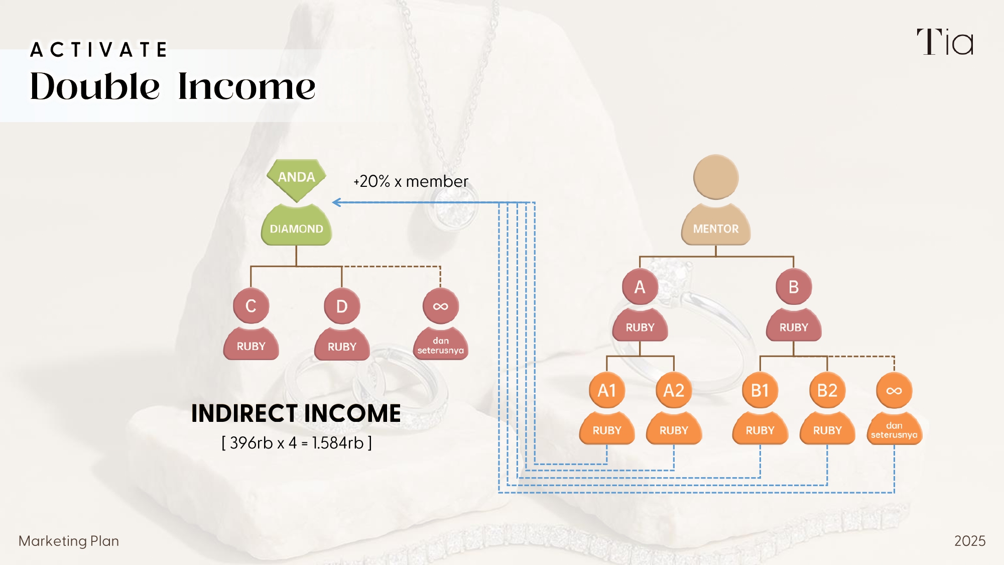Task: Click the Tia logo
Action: pyautogui.click(x=945, y=42)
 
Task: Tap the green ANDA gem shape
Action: pyautogui.click(x=297, y=178)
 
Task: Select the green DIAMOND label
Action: pyautogui.click(x=296, y=229)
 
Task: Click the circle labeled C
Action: pyautogui.click(x=251, y=306)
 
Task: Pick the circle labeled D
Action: pyautogui.click(x=342, y=306)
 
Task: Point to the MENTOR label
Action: pyautogui.click(x=716, y=229)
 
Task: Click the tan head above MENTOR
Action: pyautogui.click(x=716, y=177)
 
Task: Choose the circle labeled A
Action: pyautogui.click(x=640, y=287)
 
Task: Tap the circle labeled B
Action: pyautogui.click(x=794, y=287)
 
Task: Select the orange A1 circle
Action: pyautogui.click(x=607, y=390)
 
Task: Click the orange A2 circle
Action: pyautogui.click(x=674, y=390)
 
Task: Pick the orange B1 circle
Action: pyautogui.click(x=760, y=390)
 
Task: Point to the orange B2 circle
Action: pyautogui.click(x=827, y=390)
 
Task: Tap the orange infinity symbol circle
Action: pyautogui.click(x=894, y=390)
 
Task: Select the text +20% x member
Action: pyautogui.click(x=411, y=181)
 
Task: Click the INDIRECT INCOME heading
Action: pyautogui.click(x=296, y=413)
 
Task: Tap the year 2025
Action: pyautogui.click(x=969, y=541)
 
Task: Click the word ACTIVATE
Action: pyautogui.click(x=98, y=50)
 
